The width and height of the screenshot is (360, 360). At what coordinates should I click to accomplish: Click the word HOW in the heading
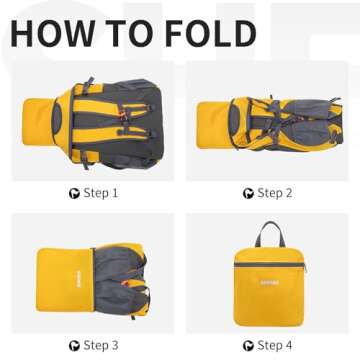(53, 33)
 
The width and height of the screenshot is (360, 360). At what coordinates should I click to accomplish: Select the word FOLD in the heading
(211, 33)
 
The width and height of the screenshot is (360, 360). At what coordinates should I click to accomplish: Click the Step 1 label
(101, 193)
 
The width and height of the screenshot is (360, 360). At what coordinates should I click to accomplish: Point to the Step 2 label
(275, 193)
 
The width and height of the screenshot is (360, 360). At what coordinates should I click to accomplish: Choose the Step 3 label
(101, 345)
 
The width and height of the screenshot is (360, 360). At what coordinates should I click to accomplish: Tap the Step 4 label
(275, 345)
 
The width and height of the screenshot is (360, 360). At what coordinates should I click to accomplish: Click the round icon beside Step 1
(74, 194)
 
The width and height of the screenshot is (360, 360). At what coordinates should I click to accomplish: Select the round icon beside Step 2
(248, 194)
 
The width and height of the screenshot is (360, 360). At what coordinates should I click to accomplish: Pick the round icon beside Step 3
(74, 346)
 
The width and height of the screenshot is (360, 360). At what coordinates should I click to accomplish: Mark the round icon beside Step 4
(248, 346)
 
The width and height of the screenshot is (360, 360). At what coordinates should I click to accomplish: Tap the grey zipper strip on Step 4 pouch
(269, 265)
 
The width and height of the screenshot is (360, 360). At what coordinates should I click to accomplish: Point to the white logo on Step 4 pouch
(270, 283)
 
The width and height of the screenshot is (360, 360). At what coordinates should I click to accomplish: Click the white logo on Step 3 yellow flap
(75, 279)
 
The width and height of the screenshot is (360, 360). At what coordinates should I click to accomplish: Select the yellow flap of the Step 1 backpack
(38, 122)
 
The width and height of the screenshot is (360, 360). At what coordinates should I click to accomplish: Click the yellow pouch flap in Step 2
(213, 125)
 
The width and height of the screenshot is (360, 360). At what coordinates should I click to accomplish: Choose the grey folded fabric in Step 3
(117, 280)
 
